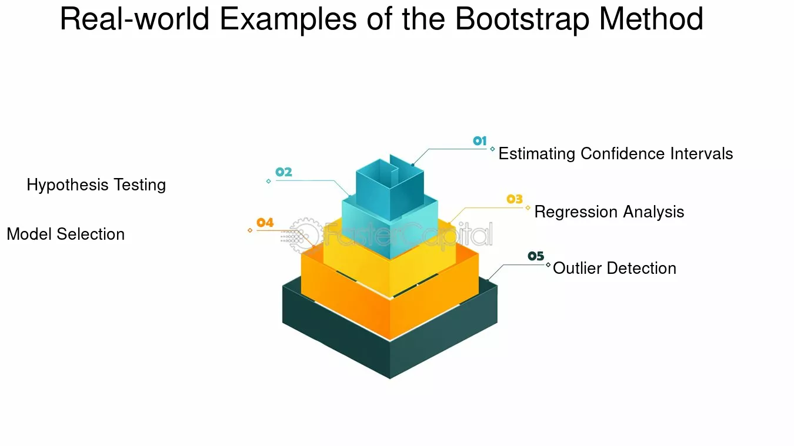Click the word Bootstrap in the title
click(522, 20)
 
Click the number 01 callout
click(479, 141)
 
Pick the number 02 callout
click(283, 172)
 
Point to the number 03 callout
click(514, 199)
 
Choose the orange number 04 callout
click(265, 223)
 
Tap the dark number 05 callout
click(536, 256)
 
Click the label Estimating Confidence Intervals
click(616, 154)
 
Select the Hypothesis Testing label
click(96, 185)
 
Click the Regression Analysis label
click(609, 212)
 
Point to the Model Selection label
click(65, 234)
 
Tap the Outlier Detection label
click(615, 268)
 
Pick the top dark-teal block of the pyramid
click(390, 192)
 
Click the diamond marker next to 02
click(268, 182)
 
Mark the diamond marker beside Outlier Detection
click(548, 264)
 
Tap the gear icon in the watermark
click(304, 234)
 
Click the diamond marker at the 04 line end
click(250, 230)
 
